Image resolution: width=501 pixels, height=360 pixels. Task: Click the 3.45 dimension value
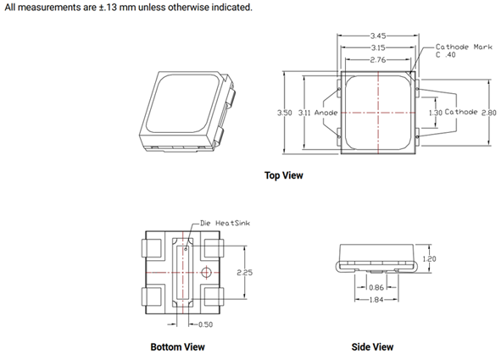tap(378, 36)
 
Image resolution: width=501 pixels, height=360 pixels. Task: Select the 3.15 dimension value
tap(378, 48)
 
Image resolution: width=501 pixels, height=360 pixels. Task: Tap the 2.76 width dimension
tap(378, 59)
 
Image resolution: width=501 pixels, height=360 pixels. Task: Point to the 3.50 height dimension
tap(284, 113)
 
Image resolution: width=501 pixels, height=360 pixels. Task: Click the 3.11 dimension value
tap(304, 113)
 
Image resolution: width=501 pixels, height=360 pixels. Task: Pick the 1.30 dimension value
tap(435, 113)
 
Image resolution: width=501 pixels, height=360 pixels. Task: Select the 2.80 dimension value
tap(489, 113)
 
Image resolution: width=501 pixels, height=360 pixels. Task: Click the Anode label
tap(326, 113)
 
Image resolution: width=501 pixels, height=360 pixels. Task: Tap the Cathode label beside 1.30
tap(461, 112)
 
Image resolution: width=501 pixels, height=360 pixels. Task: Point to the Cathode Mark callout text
tap(464, 47)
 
